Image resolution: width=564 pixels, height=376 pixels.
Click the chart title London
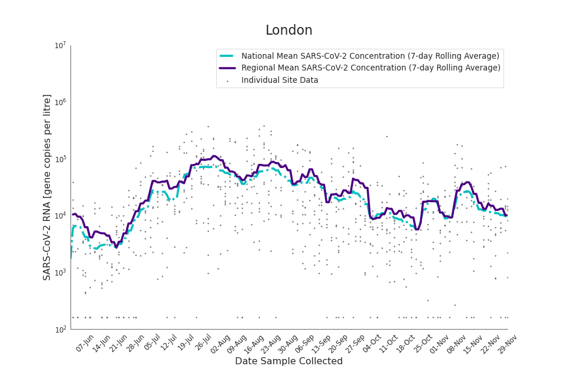point(288,31)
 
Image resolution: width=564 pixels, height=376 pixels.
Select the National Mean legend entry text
point(370,56)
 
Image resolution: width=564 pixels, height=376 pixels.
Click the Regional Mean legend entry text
point(371,68)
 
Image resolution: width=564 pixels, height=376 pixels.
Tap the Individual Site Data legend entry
point(280,80)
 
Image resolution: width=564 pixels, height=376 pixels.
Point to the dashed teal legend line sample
point(227,56)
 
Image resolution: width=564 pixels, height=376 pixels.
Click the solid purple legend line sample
point(227,68)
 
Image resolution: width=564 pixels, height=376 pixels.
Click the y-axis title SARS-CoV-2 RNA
point(47,187)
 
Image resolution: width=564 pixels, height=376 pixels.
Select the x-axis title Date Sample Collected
point(288,361)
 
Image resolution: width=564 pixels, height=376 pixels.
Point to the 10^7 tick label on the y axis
point(60,46)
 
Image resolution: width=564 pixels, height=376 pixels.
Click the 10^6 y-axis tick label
point(60,103)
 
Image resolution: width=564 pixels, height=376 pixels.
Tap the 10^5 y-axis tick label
point(60,159)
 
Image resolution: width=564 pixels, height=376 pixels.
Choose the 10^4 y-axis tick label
point(60,216)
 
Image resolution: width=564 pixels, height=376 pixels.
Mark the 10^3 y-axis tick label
point(60,273)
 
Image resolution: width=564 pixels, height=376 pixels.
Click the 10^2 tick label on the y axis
point(60,330)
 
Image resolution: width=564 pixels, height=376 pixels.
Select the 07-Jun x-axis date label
point(85,343)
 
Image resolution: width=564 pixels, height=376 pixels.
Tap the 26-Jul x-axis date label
point(204,343)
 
